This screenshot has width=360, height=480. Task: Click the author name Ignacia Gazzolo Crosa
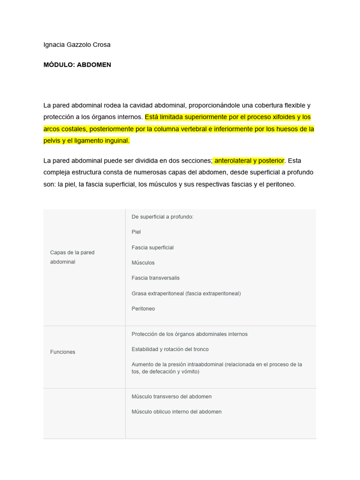[x=77, y=45]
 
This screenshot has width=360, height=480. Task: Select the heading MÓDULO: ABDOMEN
[x=77, y=65]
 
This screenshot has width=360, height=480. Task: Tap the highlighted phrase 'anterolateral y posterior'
[x=249, y=161]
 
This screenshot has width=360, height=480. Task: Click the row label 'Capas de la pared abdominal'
[x=72, y=257]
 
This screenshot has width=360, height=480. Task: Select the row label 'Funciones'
[x=62, y=352]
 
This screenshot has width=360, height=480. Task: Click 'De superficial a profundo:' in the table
[x=162, y=217]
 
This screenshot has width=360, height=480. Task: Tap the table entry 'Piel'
[x=136, y=232]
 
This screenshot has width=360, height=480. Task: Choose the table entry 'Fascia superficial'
[x=152, y=247]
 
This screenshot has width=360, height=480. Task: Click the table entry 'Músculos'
[x=143, y=263]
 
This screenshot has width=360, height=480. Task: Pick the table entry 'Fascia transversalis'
[x=155, y=278]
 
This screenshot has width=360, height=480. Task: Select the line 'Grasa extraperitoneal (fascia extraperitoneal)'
[x=186, y=293]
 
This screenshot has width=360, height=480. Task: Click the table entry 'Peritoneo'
[x=143, y=309]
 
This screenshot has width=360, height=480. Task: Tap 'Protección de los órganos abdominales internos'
[x=189, y=334]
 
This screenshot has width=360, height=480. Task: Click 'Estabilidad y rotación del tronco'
[x=170, y=349]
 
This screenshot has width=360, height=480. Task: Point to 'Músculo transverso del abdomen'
[x=172, y=397]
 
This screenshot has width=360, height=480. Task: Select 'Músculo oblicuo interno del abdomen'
[x=176, y=412]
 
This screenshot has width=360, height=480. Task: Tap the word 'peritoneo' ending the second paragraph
[x=280, y=185]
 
